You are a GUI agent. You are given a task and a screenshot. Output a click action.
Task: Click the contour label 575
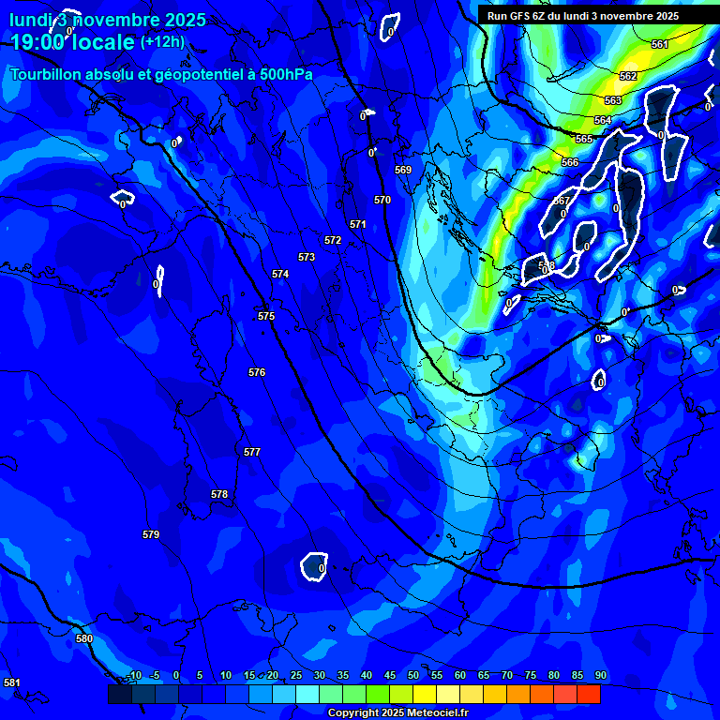[x=266, y=317]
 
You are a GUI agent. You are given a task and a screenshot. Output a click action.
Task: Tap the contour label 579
[x=151, y=535]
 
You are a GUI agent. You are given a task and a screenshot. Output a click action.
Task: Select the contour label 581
[x=12, y=682]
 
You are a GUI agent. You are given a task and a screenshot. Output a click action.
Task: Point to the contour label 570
[x=382, y=200]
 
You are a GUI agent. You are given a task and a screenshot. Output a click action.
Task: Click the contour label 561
[x=660, y=45]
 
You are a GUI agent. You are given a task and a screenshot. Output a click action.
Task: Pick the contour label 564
[x=603, y=121]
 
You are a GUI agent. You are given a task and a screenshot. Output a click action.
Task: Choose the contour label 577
[x=252, y=453]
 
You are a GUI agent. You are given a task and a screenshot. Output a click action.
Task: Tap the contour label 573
[x=307, y=257]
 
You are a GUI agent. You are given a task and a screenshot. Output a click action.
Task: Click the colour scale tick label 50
[x=413, y=676]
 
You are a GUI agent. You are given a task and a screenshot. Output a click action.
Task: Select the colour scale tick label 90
[x=601, y=676]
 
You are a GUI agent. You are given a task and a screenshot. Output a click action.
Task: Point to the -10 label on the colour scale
[x=133, y=676]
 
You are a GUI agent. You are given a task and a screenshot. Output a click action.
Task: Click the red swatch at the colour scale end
[x=589, y=694]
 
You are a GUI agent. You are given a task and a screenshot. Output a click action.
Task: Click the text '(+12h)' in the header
[x=162, y=41]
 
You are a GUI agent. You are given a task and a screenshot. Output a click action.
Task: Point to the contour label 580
[x=84, y=639]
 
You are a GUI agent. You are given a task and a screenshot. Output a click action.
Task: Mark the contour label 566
[x=570, y=163]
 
